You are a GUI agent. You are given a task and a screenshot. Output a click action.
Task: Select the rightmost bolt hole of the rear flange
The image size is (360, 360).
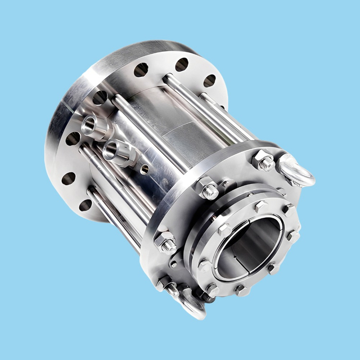point(209,80)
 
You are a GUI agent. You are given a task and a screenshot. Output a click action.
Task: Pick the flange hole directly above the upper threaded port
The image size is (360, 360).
point(100,97)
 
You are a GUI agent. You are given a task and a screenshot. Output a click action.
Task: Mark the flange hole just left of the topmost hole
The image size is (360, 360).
point(141,70)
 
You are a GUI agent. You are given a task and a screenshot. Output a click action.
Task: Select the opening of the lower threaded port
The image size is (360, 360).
point(111,150)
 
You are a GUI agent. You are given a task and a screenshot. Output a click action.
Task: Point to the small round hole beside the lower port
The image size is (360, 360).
point(145,169)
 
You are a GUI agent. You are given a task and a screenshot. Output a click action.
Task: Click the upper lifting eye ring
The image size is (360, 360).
point(296,171)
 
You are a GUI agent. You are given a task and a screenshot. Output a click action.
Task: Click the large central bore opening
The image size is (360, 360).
point(247,247)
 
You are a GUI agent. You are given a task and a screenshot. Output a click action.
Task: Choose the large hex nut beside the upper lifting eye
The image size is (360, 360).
point(263,160)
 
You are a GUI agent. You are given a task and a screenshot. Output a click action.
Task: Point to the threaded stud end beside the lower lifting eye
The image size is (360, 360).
point(172,290)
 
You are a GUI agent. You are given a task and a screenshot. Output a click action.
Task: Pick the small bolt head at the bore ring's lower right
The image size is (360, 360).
point(273,268)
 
